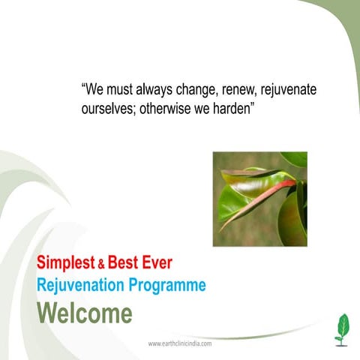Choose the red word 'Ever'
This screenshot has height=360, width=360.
point(158,263)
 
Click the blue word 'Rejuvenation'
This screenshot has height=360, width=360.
point(82,285)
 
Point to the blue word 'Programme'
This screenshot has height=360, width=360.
point(168,285)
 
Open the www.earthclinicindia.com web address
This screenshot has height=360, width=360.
point(180,343)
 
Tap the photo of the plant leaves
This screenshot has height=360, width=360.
point(259,199)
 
